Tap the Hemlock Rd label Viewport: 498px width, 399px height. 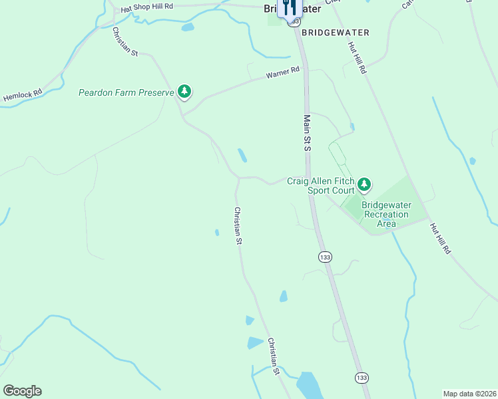[22, 96]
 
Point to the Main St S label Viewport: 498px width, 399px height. [308, 133]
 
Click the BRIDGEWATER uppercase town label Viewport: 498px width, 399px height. [335, 32]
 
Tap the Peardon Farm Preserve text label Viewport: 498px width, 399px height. [126, 92]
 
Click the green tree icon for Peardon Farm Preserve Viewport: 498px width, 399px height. [184, 92]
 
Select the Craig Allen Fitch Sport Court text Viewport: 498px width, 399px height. [321, 186]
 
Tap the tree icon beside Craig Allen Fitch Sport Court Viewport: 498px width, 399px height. [364, 184]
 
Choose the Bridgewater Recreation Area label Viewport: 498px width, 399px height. [386, 214]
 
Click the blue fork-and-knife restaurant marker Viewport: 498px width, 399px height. [289, 8]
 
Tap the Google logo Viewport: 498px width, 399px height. [22, 391]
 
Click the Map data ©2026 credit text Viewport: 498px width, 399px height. [469, 394]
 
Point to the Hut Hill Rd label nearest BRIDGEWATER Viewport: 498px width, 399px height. [358, 58]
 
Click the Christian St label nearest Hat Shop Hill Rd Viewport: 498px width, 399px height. [124, 41]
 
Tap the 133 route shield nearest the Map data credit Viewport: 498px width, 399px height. [361, 378]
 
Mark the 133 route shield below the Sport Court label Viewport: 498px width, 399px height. [325, 257]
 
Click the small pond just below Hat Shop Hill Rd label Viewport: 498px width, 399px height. [188, 28]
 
